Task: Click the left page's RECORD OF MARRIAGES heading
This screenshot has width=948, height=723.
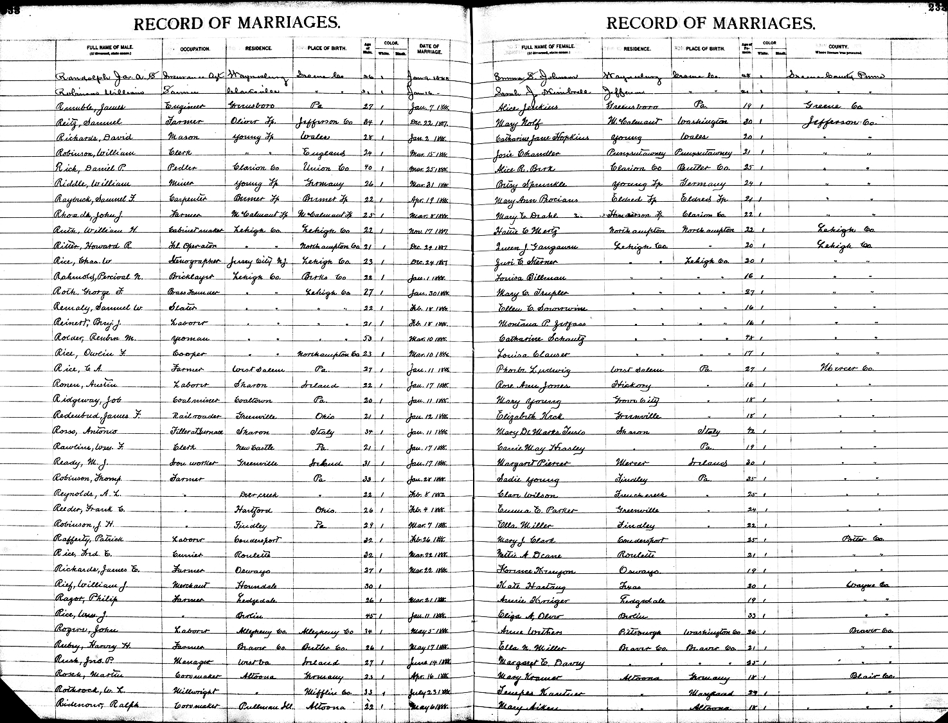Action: (x=237, y=24)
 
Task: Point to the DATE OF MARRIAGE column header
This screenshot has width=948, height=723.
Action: (x=429, y=48)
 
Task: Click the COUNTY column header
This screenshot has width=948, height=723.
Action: (x=837, y=48)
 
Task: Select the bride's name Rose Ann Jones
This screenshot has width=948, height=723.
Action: (x=528, y=385)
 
